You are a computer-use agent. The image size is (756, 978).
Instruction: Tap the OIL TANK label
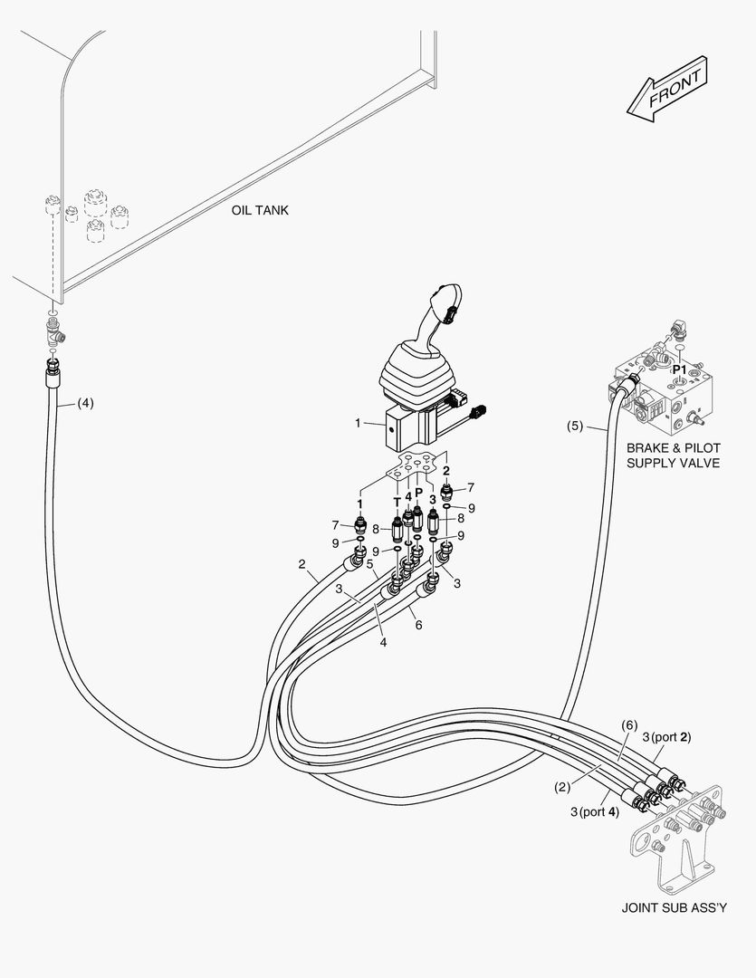pos(259,210)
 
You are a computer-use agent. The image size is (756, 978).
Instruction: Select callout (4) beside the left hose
pos(85,402)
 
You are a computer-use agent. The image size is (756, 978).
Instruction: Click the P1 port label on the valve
pos(677,369)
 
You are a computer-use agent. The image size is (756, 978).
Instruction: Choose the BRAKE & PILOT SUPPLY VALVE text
pos(673,455)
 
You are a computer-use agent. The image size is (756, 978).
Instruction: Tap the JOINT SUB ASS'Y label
pos(675,907)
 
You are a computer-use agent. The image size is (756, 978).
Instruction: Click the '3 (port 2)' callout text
pos(666,737)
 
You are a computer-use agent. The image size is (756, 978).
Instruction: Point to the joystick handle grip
pos(445,317)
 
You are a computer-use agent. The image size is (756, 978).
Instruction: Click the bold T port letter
pos(397,501)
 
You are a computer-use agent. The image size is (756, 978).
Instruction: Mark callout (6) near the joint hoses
pos(630,725)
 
